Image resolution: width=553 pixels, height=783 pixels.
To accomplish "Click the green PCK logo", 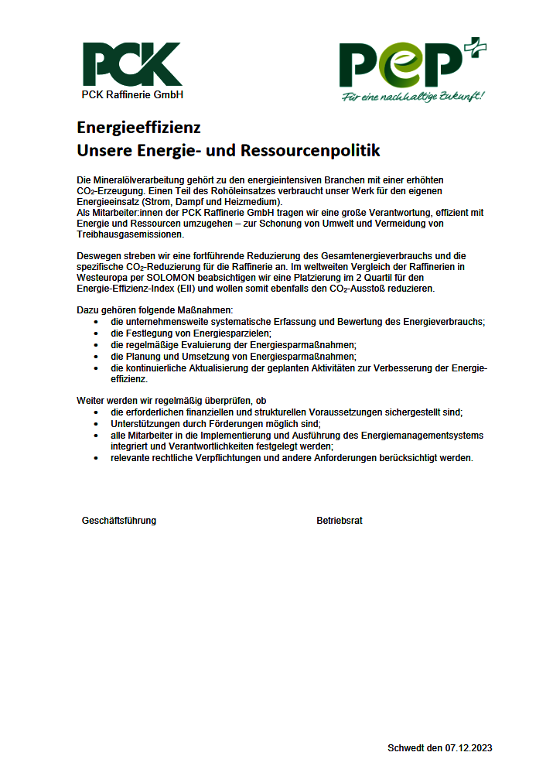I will coord(132,64).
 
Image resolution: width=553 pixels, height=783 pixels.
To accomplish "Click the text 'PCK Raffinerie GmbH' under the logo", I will coord(132,95).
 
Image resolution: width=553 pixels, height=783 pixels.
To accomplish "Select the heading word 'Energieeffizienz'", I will coord(138,127).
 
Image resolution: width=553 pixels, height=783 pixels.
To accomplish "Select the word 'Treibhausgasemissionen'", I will coord(130,234).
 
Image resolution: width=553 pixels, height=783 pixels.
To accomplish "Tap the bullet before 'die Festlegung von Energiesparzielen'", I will coord(95,333).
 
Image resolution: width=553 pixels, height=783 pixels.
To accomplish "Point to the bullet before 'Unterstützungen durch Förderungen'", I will coord(95,424).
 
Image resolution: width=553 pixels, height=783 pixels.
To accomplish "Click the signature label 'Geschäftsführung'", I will coord(119,521).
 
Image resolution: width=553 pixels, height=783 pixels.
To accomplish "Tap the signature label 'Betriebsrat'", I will coord(340,521).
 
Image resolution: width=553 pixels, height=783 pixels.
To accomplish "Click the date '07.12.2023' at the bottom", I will coord(469,748).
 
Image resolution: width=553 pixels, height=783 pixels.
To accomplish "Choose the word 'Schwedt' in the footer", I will coord(405,748).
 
